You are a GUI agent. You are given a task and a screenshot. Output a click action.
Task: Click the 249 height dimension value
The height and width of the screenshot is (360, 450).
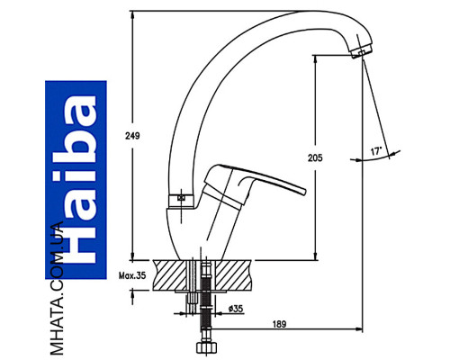tap(132, 136)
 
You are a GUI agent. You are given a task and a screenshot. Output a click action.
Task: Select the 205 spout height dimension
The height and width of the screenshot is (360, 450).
tap(315, 157)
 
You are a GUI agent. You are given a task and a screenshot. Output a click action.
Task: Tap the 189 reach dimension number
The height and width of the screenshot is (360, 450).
tap(279, 324)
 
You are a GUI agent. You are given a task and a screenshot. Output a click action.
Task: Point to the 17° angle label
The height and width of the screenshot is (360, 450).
tap(376, 151)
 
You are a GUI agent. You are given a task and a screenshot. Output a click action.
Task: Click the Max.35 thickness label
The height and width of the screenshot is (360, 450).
tap(132, 275)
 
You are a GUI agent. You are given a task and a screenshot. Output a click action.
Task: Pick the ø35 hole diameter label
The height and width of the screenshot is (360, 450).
tap(236, 309)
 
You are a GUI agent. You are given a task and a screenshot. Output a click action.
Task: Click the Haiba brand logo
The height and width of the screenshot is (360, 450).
tap(76, 180)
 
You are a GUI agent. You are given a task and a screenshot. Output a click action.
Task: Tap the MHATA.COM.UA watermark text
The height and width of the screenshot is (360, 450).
tap(57, 289)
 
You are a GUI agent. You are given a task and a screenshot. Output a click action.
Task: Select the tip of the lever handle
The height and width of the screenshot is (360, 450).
tap(303, 192)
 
